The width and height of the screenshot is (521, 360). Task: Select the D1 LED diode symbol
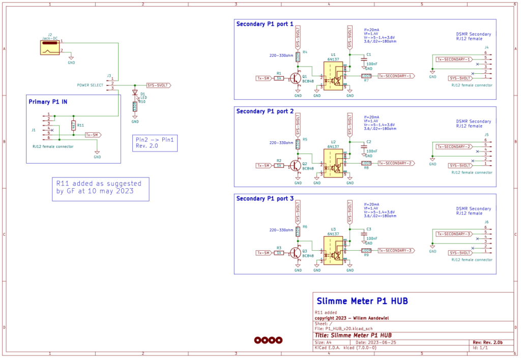pyautogui.click(x=135, y=93)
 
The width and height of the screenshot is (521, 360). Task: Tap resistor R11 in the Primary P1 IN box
pyautogui.click(x=73, y=125)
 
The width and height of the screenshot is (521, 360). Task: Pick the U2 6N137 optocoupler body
pyautogui.click(x=333, y=163)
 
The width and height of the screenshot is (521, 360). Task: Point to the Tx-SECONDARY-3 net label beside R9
pyautogui.click(x=395, y=250)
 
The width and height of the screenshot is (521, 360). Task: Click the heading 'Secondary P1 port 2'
pyautogui.click(x=265, y=111)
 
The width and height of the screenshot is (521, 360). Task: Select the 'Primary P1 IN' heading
pyautogui.click(x=48, y=101)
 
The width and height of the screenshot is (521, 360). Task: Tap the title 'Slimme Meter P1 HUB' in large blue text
pyautogui.click(x=362, y=301)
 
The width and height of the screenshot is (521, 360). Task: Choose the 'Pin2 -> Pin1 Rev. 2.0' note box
pyautogui.click(x=154, y=142)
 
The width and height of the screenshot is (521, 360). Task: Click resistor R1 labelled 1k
pyautogui.click(x=279, y=78)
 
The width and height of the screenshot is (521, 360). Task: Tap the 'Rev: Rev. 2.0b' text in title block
pyautogui.click(x=488, y=342)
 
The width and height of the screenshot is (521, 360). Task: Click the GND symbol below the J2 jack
pyautogui.click(x=71, y=59)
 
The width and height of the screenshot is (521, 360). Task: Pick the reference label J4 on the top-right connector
pyautogui.click(x=486, y=47)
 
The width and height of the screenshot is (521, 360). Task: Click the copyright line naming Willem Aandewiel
pyautogui.click(x=352, y=318)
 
